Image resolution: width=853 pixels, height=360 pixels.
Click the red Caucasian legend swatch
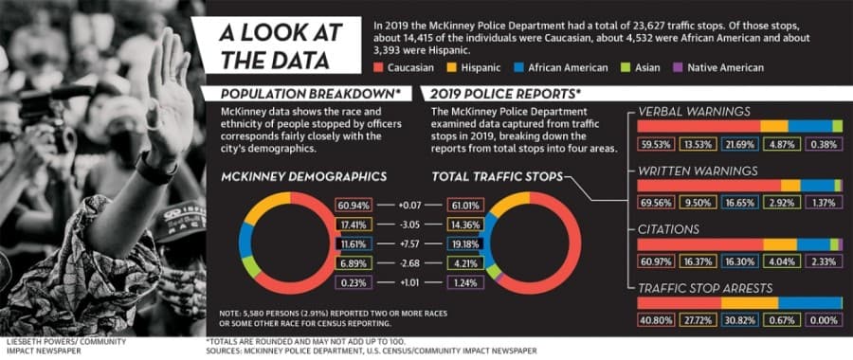[380, 68]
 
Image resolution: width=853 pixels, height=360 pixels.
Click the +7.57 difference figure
[409, 243]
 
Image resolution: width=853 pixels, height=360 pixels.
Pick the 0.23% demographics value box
[354, 282]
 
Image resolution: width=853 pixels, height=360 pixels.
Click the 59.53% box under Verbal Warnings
[656, 144]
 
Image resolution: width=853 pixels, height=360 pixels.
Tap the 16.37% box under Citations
[698, 261]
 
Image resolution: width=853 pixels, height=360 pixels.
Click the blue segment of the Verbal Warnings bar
[810, 126]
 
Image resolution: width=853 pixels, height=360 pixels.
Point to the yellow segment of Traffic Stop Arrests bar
[750, 303]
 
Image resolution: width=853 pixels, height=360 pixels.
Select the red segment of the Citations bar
[700, 244]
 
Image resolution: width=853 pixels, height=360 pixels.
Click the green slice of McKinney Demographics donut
[251, 266]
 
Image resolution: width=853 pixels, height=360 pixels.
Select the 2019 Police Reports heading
[503, 94]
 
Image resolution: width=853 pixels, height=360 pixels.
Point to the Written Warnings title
[698, 171]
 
